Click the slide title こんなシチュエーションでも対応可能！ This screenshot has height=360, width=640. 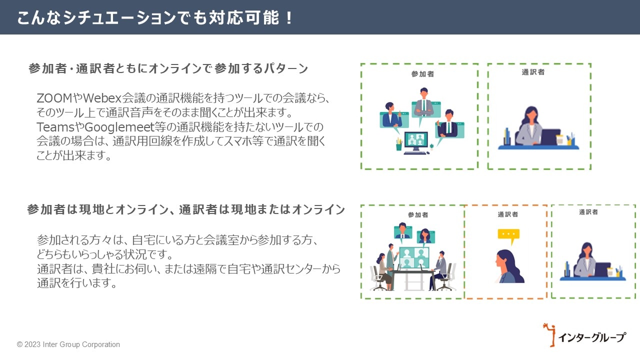(155, 17)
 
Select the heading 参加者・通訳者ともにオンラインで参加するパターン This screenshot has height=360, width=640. (168, 69)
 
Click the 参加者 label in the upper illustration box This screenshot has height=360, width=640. (422, 74)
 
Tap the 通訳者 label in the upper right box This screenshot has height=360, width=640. (533, 72)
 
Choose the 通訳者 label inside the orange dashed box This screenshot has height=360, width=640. (507, 214)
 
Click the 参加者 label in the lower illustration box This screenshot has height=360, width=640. (418, 215)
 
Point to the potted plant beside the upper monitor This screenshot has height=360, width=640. (399, 144)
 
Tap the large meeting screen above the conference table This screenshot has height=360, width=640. (414, 257)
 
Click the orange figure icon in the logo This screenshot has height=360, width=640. (550, 334)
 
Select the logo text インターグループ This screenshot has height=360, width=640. (591, 337)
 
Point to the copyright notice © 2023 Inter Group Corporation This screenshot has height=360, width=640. (68, 344)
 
